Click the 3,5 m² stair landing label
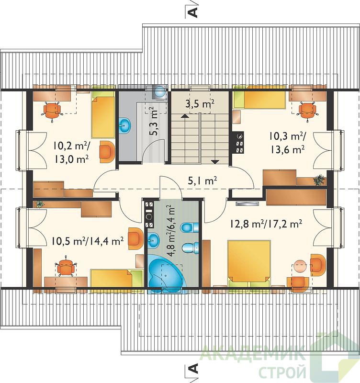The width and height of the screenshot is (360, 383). [200, 104]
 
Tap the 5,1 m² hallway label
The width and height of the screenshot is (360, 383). [202, 181]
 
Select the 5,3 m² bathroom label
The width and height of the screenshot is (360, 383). [154, 121]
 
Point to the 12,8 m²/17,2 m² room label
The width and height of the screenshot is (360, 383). [266, 224]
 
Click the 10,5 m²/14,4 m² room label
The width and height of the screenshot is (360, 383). [87, 241]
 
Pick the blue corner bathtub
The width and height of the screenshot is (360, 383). [166, 275]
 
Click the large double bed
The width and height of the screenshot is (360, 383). [249, 263]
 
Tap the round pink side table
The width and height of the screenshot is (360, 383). [300, 267]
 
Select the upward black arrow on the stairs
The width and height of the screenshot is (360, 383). [185, 116]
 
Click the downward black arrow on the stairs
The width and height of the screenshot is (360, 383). [215, 162]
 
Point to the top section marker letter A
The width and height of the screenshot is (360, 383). [193, 12]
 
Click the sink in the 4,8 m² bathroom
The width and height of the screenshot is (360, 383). [153, 240]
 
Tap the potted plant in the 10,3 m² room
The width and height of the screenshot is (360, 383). [319, 180]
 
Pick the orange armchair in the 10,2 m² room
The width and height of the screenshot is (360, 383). [107, 152]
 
